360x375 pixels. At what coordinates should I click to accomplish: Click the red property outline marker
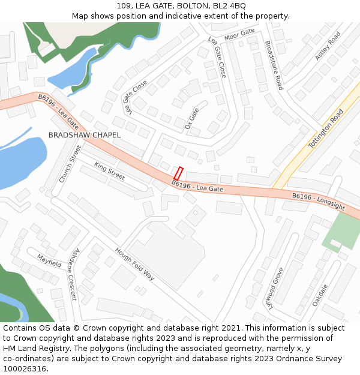(178, 173)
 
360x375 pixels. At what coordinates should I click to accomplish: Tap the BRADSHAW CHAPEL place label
(84, 136)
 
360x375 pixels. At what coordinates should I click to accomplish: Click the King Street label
(109, 171)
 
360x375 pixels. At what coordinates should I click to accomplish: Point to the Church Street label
(70, 164)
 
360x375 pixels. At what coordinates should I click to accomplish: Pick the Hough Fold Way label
(134, 265)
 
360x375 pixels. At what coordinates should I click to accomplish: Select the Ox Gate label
(192, 118)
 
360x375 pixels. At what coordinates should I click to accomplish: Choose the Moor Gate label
(239, 34)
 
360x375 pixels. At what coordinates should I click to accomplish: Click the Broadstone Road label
(274, 65)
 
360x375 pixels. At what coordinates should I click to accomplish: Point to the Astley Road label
(328, 46)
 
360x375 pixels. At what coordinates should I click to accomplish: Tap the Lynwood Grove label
(274, 287)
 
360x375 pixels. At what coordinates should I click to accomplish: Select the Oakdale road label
(320, 295)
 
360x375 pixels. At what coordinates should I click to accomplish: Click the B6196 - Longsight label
(319, 201)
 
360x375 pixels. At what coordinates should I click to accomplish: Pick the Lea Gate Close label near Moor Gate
(217, 57)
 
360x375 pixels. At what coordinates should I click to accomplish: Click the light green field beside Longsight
(342, 232)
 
